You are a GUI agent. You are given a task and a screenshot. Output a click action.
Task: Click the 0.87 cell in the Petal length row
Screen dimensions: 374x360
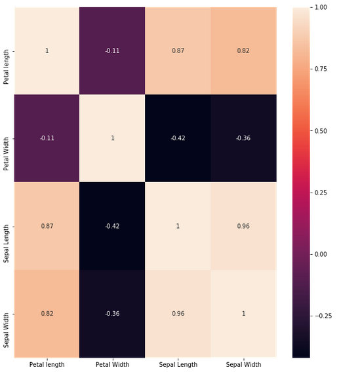(178, 50)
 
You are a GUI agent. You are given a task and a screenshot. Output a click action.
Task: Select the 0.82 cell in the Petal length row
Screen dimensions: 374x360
(243, 50)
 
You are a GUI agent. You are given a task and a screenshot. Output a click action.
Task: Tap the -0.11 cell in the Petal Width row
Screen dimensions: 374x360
(47, 138)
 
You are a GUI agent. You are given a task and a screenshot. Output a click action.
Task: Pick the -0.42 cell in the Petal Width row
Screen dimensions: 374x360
(178, 138)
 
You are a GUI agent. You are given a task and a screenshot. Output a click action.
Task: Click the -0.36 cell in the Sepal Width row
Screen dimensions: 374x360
(112, 314)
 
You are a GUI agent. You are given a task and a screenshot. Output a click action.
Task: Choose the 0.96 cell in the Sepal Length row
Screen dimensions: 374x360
(243, 226)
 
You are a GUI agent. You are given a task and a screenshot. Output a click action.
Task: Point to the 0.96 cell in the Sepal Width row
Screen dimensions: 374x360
(178, 314)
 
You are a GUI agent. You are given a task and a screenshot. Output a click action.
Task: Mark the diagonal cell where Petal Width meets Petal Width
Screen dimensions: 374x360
(112, 138)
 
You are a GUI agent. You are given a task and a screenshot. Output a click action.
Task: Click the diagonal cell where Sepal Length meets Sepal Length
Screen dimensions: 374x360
(178, 226)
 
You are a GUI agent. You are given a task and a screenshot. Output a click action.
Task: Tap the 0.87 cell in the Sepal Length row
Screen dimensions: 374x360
(47, 226)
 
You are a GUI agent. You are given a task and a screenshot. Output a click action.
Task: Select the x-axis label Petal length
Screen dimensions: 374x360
(47, 364)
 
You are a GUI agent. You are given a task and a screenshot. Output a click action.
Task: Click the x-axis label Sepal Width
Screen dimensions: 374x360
(243, 364)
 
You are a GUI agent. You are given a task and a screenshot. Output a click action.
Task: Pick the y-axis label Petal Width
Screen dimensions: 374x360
(6, 138)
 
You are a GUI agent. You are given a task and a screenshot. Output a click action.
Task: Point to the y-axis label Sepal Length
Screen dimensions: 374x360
(6, 226)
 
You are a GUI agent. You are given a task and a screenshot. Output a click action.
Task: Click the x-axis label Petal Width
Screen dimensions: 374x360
(112, 364)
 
